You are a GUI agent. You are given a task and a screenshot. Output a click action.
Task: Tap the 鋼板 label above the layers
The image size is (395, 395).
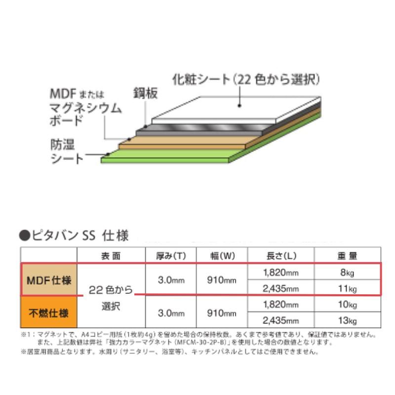pos(145,93)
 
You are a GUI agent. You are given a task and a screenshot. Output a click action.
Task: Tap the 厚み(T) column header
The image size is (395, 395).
pos(170,256)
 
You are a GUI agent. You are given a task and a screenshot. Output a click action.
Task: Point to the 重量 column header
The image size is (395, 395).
pos(347,256)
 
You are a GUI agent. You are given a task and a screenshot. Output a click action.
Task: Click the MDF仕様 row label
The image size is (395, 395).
pos(48,280)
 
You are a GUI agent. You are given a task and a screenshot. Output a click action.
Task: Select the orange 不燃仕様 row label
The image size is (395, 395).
pos(48,313)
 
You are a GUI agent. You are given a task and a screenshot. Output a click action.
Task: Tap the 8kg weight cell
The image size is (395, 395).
pos(347,272)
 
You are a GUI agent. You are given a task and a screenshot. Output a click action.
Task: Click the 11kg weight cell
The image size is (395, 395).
pos(347,288)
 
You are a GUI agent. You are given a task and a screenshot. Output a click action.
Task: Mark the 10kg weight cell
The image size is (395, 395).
pos(347,305)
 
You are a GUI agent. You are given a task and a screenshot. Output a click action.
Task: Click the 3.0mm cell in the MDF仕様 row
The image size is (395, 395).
pos(170,280)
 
